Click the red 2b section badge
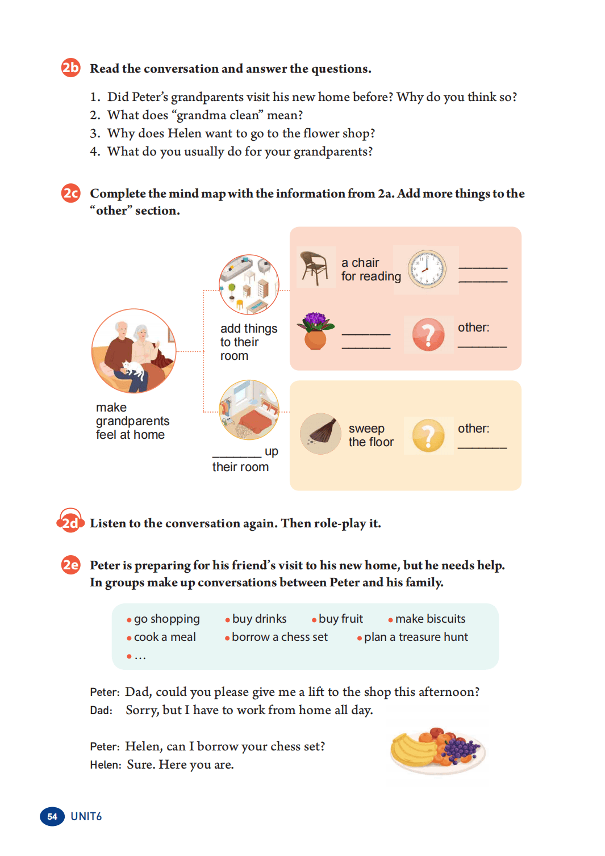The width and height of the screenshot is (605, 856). pos(71,68)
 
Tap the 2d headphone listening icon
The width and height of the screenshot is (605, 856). pos(70,521)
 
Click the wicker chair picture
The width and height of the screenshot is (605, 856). pos(314,267)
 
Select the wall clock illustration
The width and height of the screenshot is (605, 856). pos(427,270)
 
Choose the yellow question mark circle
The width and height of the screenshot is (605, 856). pos(428,436)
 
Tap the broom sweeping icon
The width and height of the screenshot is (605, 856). pos(320,434)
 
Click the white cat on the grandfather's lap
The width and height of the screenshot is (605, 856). pos(132,369)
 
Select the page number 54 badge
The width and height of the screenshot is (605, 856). pos(52,817)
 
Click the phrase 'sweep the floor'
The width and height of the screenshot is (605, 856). pos(371,435)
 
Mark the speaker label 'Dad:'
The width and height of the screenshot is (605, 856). pos(101,711)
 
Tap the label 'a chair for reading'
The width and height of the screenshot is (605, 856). pos(371,270)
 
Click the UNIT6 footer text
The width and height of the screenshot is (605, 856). pos(86,817)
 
